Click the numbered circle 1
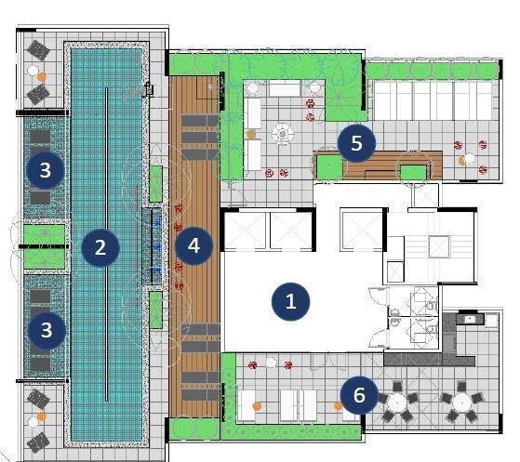click(x=290, y=301)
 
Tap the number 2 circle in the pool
click(x=100, y=247)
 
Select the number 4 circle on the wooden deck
click(x=193, y=245)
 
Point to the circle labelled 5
click(x=356, y=143)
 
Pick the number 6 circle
click(x=359, y=395)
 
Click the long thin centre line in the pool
click(x=106, y=244)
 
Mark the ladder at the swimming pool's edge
click(x=149, y=89)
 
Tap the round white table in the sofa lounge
click(x=283, y=134)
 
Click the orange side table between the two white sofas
click(x=251, y=134)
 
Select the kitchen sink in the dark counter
click(x=470, y=320)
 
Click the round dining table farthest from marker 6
click(x=462, y=403)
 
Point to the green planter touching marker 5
click(x=329, y=167)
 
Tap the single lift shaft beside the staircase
click(x=362, y=230)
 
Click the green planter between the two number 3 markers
click(x=45, y=246)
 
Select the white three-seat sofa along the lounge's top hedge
click(x=285, y=87)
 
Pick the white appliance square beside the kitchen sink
click(x=491, y=321)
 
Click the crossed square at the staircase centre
click(x=439, y=246)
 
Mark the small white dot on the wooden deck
click(x=210, y=86)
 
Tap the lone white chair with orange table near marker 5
click(x=469, y=159)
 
